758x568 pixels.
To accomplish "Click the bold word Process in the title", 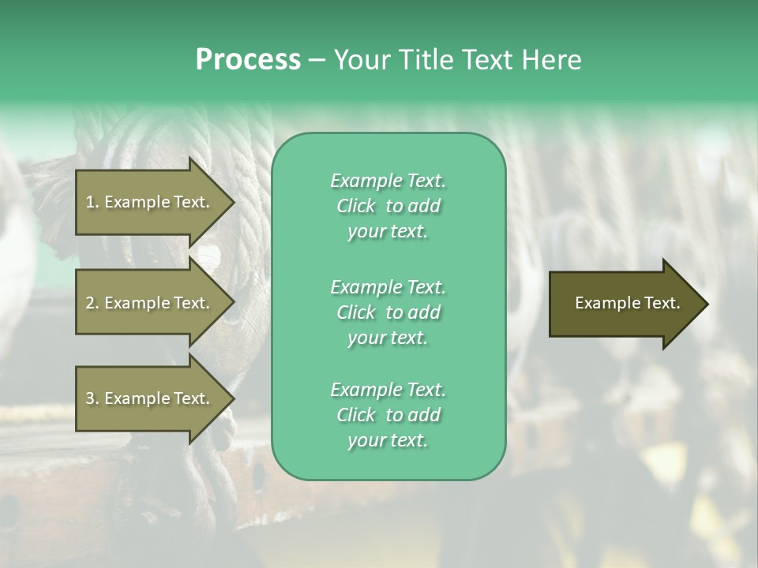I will pyautogui.click(x=248, y=60).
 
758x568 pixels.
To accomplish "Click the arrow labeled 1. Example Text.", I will pyautogui.click(x=150, y=202).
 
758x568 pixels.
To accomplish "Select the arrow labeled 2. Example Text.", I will pyautogui.click(x=150, y=303).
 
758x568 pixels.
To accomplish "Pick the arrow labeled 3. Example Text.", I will pyautogui.click(x=150, y=398).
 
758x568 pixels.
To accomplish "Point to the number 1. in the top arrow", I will pyautogui.click(x=92, y=202).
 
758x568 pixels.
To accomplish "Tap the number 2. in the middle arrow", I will pyautogui.click(x=92, y=303).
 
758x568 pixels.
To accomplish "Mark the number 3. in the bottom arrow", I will pyautogui.click(x=92, y=398).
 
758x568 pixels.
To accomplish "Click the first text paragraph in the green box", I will pyautogui.click(x=388, y=206).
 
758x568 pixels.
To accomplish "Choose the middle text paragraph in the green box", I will pyautogui.click(x=388, y=312).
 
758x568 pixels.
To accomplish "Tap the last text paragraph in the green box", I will pyautogui.click(x=388, y=415).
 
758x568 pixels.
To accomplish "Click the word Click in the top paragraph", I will pyautogui.click(x=356, y=207).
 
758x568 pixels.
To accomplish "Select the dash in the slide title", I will pyautogui.click(x=317, y=60).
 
